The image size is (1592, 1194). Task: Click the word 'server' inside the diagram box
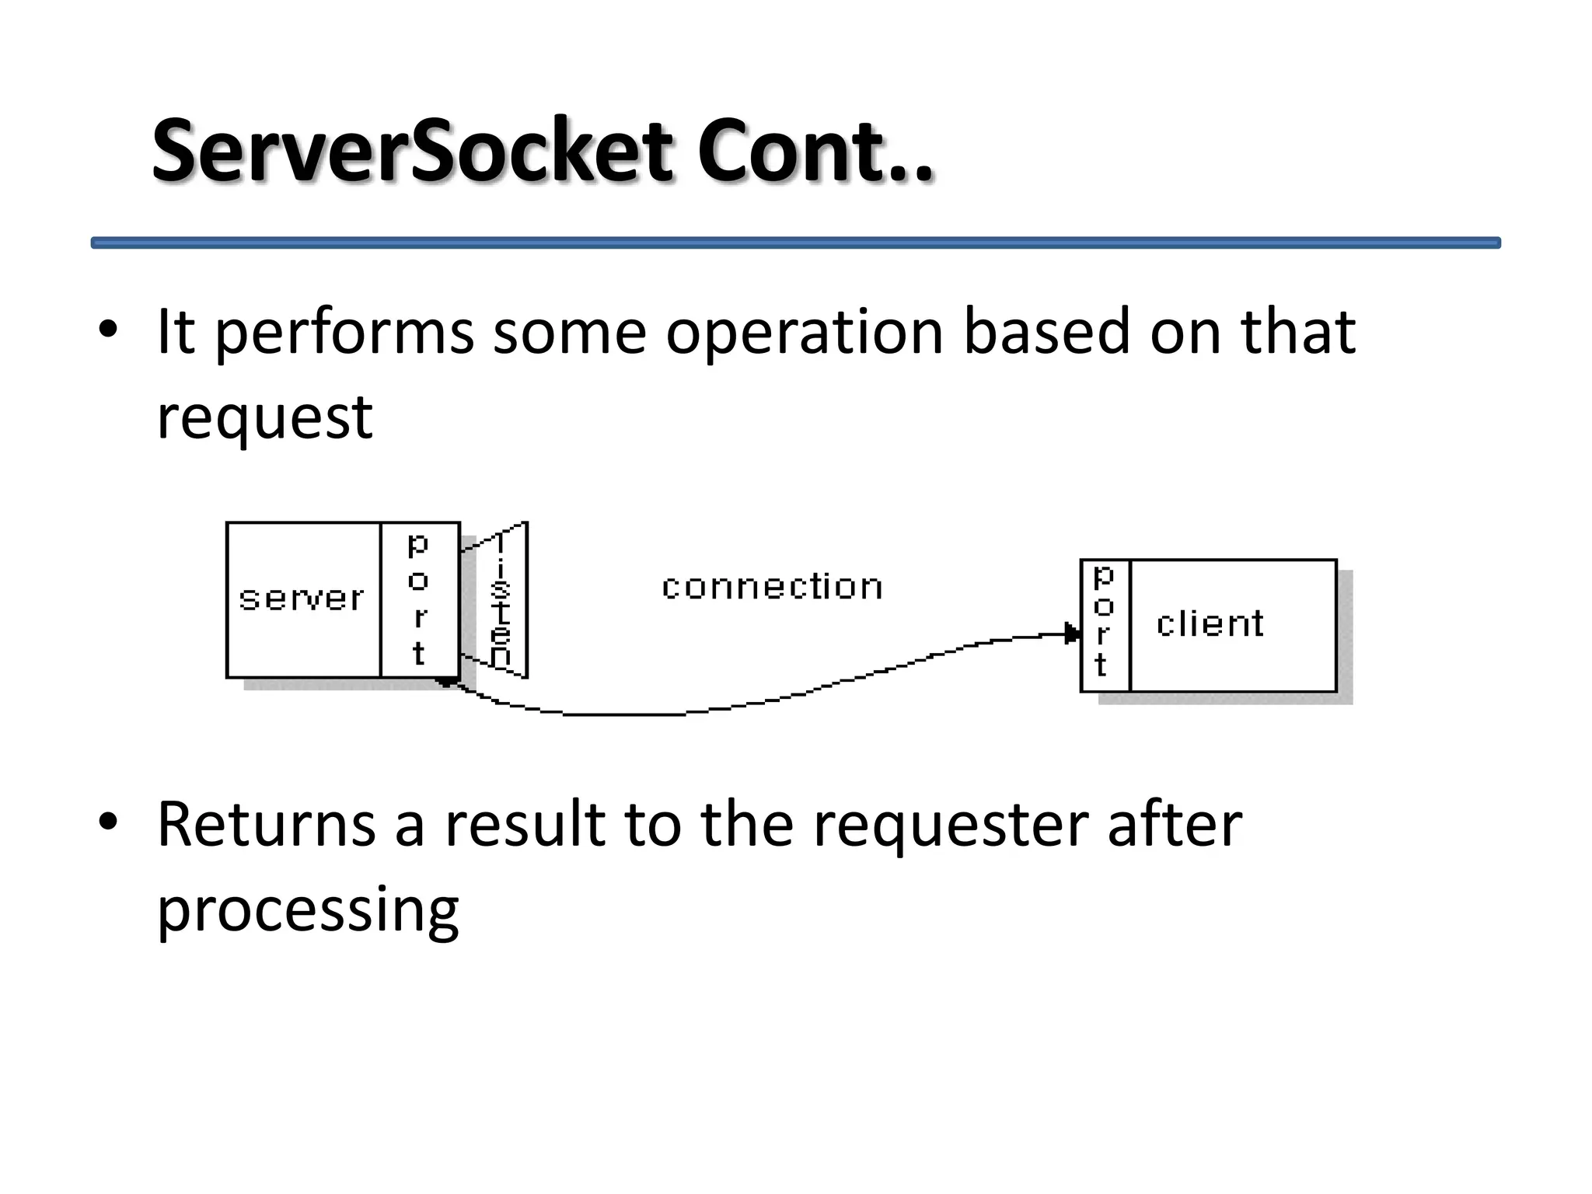click(x=302, y=599)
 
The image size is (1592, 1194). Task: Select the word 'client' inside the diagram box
click(x=1210, y=624)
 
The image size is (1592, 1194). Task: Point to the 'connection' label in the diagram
click(x=772, y=587)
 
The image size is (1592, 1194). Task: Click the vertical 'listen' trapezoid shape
click(x=503, y=600)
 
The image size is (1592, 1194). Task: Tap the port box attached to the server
click(x=420, y=599)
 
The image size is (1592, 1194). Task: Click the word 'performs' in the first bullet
click(x=343, y=333)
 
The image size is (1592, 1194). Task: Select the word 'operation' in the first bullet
click(x=804, y=333)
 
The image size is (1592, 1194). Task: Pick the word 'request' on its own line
click(x=264, y=417)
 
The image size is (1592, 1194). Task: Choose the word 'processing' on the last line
click(x=308, y=909)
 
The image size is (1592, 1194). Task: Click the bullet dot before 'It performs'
click(x=107, y=330)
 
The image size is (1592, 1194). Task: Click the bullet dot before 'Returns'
click(x=107, y=822)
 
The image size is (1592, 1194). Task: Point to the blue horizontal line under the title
click(x=795, y=243)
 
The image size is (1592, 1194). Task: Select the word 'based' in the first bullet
click(x=1046, y=333)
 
